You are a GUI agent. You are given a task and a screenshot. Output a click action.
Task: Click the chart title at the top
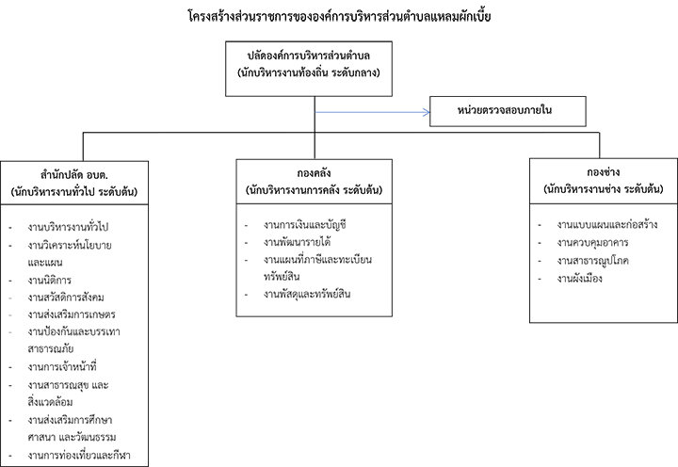click(x=339, y=17)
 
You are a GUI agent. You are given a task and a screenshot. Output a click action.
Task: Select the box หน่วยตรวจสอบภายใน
click(x=508, y=111)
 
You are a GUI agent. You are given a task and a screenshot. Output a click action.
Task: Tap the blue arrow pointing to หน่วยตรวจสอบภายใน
click(x=372, y=112)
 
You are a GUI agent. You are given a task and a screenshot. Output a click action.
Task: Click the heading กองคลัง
click(x=314, y=173)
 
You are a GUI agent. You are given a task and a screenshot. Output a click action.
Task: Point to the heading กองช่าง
click(x=604, y=172)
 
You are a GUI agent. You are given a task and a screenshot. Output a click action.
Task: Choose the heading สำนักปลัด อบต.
click(x=74, y=175)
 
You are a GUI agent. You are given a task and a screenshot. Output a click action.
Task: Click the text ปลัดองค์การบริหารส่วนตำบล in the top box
click(x=309, y=56)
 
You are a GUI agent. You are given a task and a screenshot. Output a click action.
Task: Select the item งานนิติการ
click(x=50, y=281)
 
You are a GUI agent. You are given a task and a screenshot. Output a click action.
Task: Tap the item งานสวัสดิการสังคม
click(x=66, y=298)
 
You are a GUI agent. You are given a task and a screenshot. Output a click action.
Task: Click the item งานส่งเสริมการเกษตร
click(x=72, y=314)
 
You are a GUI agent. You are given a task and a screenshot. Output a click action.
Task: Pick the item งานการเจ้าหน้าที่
click(x=62, y=367)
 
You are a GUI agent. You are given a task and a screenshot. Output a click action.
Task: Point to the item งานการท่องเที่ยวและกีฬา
click(x=79, y=456)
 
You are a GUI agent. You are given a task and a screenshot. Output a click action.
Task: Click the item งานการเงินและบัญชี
click(x=305, y=225)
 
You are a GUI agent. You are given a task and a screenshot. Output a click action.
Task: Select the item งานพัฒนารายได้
click(x=297, y=242)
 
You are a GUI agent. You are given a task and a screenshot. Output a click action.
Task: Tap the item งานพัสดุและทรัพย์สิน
click(x=307, y=294)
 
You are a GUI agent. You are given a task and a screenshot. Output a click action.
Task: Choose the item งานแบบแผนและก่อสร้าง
click(x=607, y=224)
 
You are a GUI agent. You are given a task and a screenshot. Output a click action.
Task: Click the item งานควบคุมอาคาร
click(x=592, y=243)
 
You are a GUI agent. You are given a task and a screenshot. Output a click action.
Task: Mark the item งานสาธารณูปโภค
click(x=593, y=261)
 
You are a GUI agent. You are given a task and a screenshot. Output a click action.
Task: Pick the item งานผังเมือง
click(x=579, y=279)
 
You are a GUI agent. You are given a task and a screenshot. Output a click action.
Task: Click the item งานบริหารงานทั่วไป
click(x=68, y=227)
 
